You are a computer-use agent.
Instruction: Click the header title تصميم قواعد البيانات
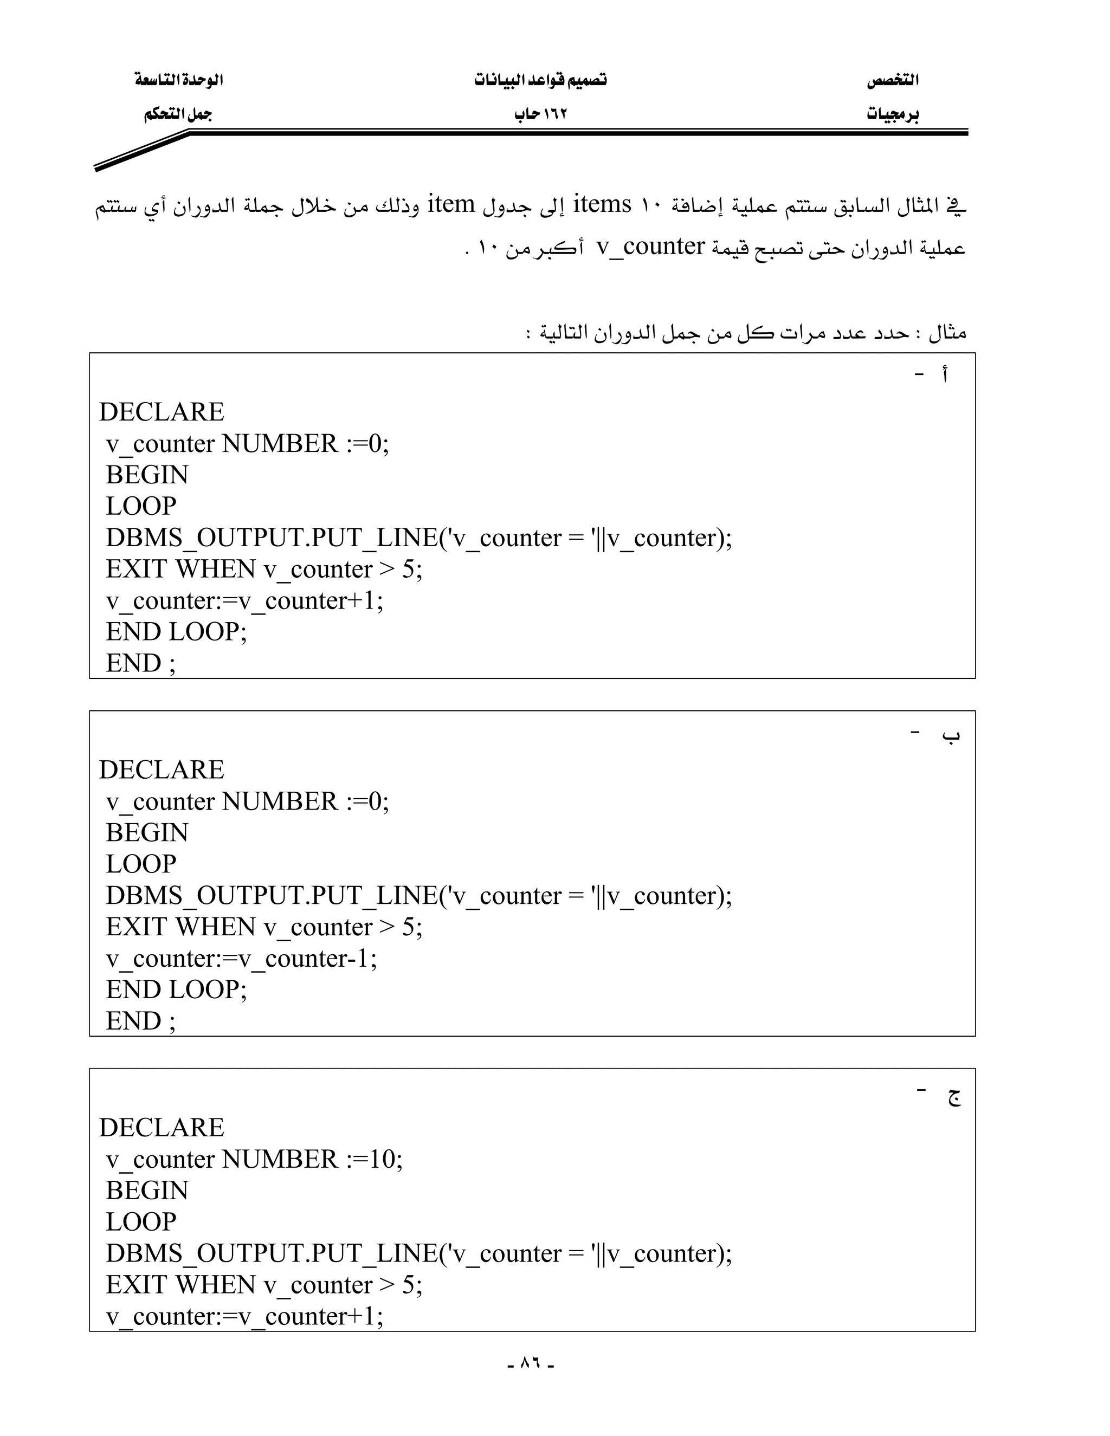540,80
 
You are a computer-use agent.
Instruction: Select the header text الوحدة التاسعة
179,80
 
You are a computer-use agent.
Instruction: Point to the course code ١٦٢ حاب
540,115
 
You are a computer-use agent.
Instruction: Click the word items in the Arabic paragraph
602,204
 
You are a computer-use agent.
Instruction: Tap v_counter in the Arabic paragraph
650,247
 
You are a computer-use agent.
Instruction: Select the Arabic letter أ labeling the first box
944,376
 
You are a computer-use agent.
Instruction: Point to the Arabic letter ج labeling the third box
953,1095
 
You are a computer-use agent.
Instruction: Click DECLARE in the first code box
162,412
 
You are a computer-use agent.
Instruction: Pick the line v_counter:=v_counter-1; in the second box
241,959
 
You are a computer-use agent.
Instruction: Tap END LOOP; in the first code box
176,632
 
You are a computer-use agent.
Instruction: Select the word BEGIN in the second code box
147,833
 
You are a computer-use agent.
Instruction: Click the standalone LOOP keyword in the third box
141,1221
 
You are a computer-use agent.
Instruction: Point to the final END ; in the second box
141,1021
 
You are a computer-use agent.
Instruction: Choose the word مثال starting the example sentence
947,333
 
